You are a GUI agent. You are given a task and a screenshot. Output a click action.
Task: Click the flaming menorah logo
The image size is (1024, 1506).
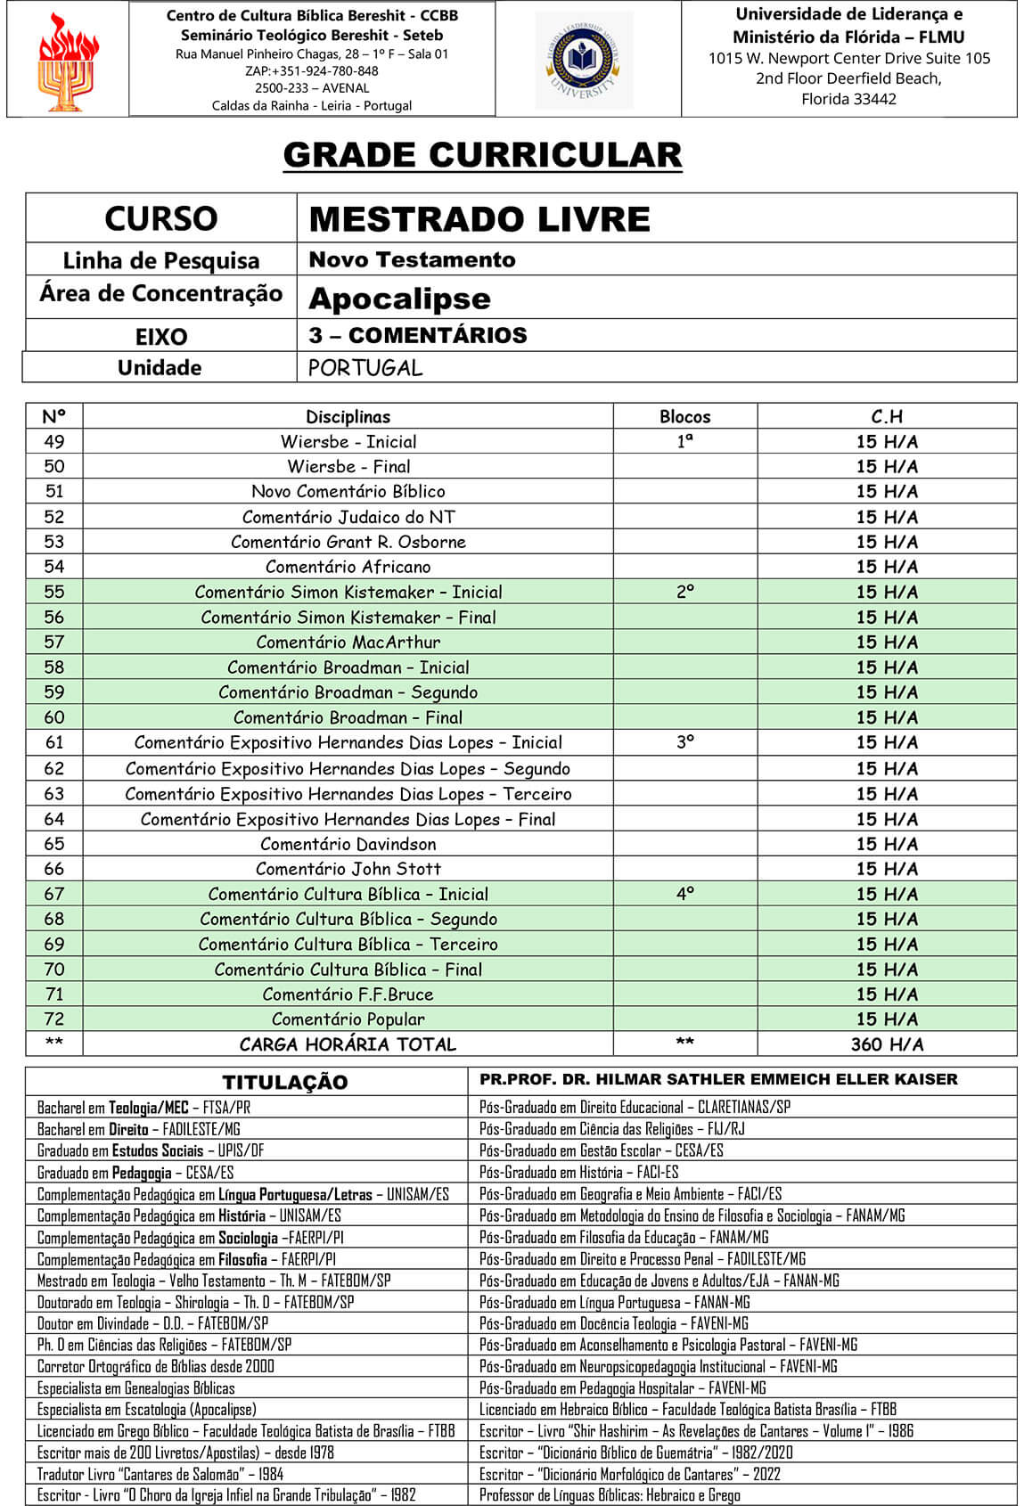(68, 61)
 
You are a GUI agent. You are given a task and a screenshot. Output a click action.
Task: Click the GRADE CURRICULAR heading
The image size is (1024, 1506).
(482, 155)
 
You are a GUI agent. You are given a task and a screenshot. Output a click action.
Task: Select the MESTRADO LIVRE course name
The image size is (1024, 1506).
(479, 219)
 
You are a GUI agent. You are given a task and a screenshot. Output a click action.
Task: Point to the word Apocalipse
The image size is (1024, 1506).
(399, 299)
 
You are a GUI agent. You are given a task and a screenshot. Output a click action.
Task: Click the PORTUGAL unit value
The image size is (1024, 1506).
(365, 368)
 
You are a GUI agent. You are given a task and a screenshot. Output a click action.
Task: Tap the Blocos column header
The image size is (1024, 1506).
(684, 416)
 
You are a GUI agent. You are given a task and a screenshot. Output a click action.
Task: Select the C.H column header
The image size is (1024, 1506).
(887, 416)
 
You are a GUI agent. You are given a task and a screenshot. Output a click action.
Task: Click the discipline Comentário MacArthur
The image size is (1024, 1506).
(348, 642)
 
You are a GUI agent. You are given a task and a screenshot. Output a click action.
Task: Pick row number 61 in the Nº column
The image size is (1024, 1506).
(54, 742)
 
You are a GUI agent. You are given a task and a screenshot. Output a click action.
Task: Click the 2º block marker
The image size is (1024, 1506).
(684, 592)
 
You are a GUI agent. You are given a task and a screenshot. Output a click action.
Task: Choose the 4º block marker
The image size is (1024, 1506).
(684, 894)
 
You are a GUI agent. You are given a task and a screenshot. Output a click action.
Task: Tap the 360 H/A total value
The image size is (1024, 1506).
(887, 1044)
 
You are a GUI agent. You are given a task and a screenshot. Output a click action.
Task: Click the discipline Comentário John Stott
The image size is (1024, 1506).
(348, 869)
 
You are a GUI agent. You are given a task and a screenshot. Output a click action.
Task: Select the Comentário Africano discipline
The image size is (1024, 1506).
(348, 567)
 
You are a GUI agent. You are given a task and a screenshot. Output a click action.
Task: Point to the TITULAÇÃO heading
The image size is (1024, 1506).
(284, 1082)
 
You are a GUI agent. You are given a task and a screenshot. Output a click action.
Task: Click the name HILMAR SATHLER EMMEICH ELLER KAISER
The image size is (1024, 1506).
(775, 1079)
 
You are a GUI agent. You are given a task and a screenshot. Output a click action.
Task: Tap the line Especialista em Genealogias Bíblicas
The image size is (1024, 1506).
(136, 1388)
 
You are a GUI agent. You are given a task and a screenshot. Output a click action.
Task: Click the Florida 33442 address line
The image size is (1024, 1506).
(848, 99)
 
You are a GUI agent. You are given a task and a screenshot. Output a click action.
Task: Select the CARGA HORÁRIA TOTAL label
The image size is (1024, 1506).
(348, 1044)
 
